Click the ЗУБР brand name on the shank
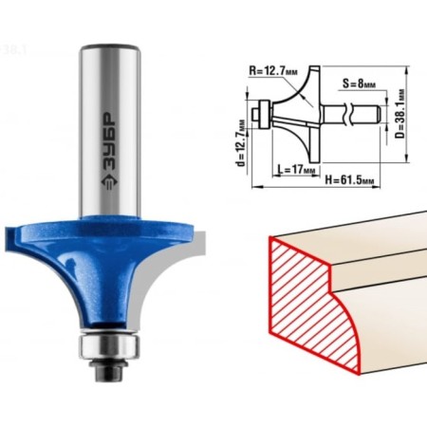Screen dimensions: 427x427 110,141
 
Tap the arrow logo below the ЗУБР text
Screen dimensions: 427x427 110,182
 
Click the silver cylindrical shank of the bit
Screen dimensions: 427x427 109,131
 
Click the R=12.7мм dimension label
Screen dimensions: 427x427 273,70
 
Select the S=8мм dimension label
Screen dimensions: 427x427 359,84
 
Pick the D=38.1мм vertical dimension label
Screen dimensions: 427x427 400,114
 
